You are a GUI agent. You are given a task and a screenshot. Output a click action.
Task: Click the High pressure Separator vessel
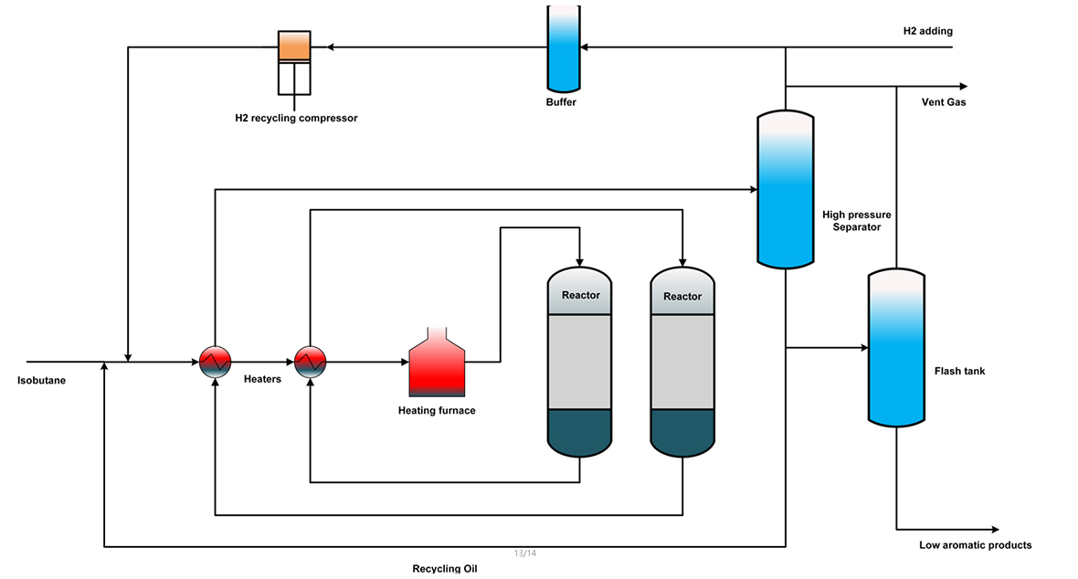point(786,189)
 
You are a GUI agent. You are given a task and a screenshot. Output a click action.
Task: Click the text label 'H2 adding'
point(927,31)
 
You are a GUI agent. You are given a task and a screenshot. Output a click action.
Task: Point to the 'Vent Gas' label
point(944,102)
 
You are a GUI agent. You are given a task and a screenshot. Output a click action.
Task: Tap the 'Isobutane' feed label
point(42,380)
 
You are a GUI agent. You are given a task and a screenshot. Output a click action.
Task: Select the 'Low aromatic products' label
point(975,545)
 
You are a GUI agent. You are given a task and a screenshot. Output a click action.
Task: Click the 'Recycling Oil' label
point(445,569)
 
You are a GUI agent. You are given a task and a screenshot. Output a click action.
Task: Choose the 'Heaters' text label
point(262,379)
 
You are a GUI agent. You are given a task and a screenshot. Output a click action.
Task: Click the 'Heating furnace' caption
point(437,411)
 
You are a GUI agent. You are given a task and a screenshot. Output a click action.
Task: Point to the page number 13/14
point(524,553)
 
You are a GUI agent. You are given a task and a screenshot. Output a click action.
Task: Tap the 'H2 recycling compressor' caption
point(296,118)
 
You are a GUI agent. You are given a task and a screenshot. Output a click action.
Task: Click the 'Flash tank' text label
point(959,372)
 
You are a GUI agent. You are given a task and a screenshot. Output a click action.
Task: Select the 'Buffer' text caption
point(561,102)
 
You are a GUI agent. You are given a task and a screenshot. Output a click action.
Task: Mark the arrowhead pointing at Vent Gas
point(961,86)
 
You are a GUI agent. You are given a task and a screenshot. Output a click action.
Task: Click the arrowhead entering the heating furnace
point(404,362)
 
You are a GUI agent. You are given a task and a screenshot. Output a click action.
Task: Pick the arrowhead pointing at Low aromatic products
point(995,530)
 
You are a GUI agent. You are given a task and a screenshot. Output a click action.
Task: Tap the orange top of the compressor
point(294,47)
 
